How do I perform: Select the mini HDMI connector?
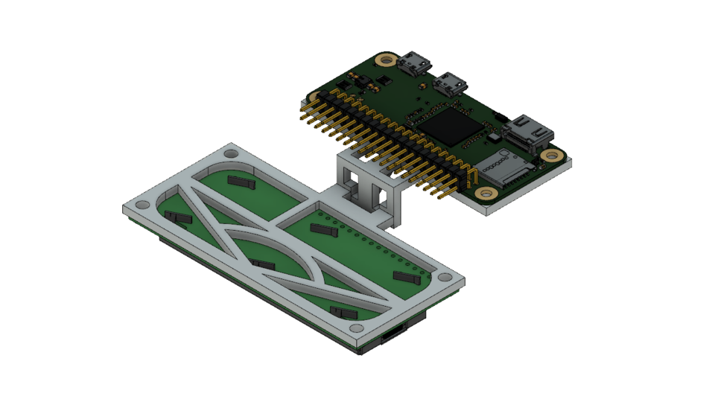[x=528, y=132]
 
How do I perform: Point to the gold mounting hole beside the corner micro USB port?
[x=385, y=60]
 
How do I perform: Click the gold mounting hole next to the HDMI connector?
[x=551, y=156]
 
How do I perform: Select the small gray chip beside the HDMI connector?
[x=495, y=138]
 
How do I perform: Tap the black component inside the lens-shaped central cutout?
[x=262, y=264]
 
